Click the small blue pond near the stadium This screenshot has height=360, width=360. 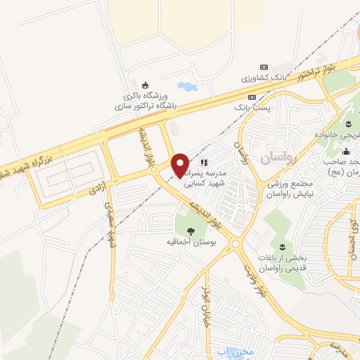click(x=186, y=87)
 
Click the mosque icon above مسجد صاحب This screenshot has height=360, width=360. click(x=346, y=151)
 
